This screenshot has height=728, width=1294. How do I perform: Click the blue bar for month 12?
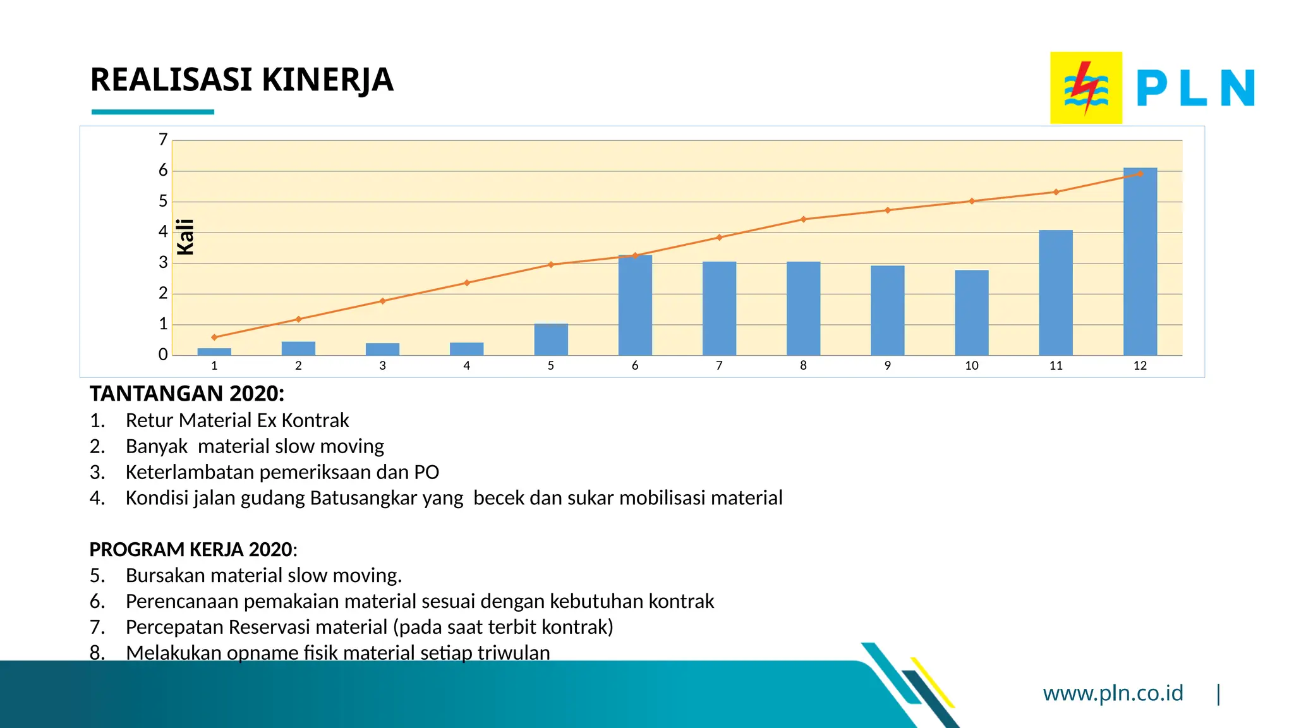click(x=1140, y=262)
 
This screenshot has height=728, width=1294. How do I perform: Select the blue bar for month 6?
click(x=635, y=306)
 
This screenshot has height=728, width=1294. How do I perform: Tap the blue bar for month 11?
click(x=1056, y=293)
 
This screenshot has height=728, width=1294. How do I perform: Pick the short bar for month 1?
click(x=214, y=352)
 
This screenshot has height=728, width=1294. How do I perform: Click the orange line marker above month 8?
click(x=804, y=219)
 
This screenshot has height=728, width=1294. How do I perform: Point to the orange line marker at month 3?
click(x=382, y=301)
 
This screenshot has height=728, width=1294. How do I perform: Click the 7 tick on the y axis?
click(x=164, y=140)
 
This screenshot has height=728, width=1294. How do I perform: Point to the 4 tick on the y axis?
click(x=164, y=232)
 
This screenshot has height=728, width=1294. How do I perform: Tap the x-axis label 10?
click(x=972, y=366)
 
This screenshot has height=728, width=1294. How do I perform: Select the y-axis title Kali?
click(x=185, y=237)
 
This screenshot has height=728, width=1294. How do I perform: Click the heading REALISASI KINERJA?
click(x=241, y=80)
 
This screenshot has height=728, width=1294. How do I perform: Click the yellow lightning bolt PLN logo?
click(x=1085, y=88)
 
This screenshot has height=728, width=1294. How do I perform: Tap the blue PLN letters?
click(x=1195, y=88)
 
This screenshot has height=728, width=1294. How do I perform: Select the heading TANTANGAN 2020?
click(x=187, y=394)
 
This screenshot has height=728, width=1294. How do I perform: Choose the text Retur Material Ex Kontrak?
click(x=237, y=420)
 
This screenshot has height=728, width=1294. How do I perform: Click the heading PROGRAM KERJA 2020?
click(x=191, y=549)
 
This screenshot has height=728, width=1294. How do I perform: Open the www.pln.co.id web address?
click(x=1113, y=693)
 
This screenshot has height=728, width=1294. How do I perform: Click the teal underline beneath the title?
click(x=153, y=112)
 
